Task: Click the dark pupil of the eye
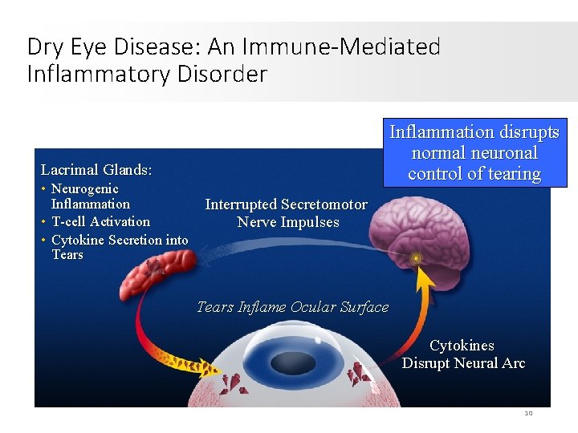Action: [x=293, y=364]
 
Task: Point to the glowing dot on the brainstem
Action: [x=416, y=258]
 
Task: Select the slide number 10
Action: [x=528, y=413]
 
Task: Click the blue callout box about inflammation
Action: [x=474, y=152]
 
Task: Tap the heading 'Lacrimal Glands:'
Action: [x=96, y=170]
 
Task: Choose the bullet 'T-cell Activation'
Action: [x=100, y=222]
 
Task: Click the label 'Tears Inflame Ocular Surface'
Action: [x=292, y=307]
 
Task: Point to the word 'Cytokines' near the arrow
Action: [x=462, y=346]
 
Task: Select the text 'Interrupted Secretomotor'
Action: [x=286, y=205]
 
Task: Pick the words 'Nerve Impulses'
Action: [x=288, y=222]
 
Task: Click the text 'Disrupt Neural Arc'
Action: [x=463, y=363]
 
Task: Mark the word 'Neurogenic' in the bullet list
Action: [x=84, y=189]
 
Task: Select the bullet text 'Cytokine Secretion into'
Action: [x=120, y=240]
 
